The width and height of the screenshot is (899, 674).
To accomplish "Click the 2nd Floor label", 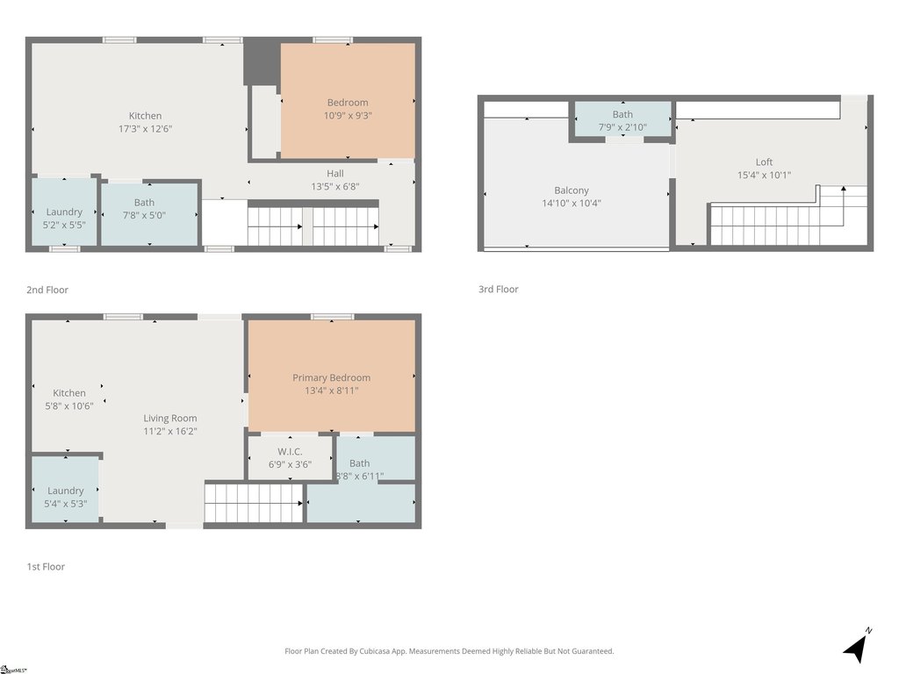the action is tap(47, 290).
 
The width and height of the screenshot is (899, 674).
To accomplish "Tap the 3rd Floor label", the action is tap(499, 290).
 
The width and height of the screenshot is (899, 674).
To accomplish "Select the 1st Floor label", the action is tap(46, 567).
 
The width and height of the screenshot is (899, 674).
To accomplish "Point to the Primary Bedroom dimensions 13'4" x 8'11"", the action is tap(331, 391).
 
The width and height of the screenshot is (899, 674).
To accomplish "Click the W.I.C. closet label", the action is tap(290, 452).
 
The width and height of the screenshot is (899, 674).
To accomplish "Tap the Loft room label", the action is tap(764, 162).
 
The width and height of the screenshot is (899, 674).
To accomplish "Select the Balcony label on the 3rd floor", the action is tap(571, 190).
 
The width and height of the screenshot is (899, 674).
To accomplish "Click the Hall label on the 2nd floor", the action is tap(335, 174).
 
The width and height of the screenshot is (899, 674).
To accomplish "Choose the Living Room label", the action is tap(169, 419).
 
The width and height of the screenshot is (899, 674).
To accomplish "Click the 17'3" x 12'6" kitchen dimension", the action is tap(145, 129).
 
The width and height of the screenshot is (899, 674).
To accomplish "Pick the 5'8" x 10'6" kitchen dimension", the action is tap(68, 405).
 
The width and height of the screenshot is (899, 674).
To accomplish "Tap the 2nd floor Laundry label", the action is tap(64, 212).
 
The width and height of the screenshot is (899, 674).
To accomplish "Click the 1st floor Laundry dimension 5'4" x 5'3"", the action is tap(65, 504).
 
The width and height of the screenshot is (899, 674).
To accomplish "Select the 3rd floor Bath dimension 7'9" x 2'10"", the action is tap(622, 127).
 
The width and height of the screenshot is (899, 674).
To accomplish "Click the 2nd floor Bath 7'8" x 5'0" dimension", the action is tap(144, 216).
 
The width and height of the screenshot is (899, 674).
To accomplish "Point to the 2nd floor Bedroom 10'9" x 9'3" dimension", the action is tap(348, 116).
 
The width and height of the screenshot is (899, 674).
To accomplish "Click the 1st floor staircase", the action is tap(254, 503).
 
